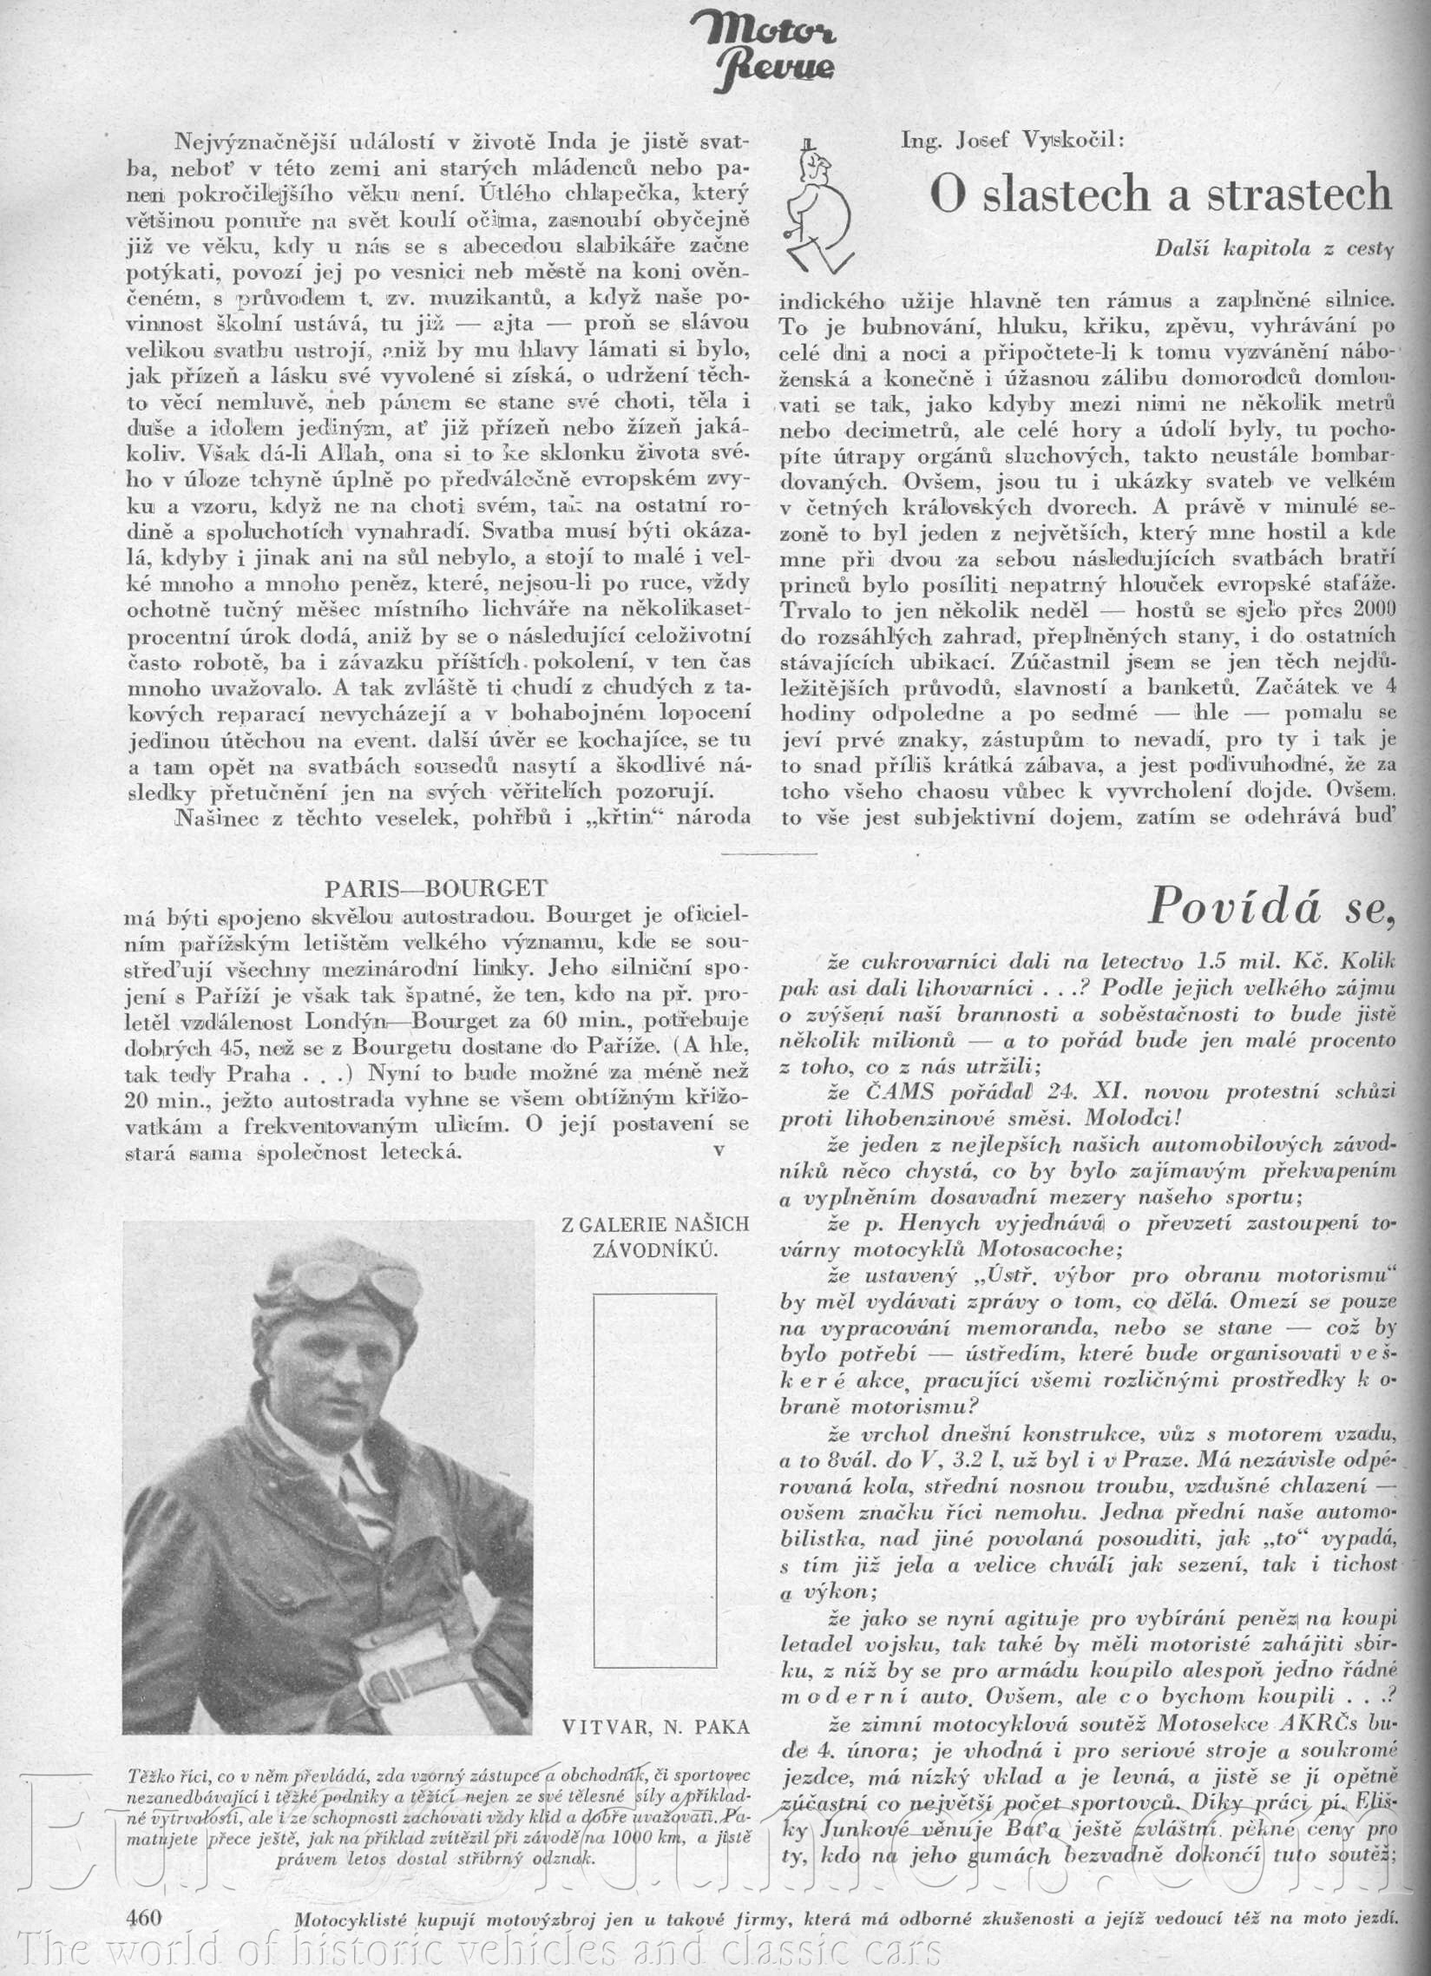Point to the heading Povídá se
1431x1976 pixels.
(1270, 906)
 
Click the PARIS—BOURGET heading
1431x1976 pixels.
(436, 889)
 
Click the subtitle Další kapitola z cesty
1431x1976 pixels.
(1273, 248)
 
